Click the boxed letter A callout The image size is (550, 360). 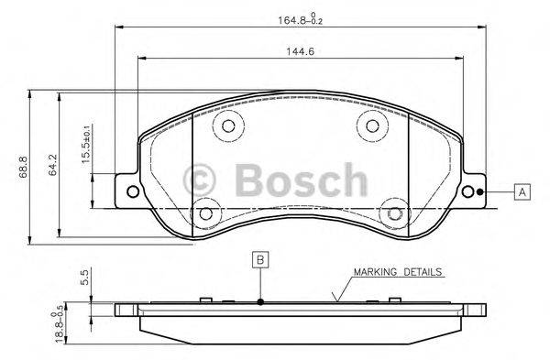(521, 191)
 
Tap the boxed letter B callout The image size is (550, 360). (260, 260)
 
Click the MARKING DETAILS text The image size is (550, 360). (398, 272)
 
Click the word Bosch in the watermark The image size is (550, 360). (300, 179)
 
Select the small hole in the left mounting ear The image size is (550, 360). (132, 191)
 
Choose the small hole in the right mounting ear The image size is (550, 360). (478, 191)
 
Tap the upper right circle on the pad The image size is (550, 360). (372, 127)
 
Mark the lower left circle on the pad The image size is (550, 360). (207, 213)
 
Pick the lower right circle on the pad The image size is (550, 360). (395, 213)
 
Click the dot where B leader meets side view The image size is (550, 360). (260, 301)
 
